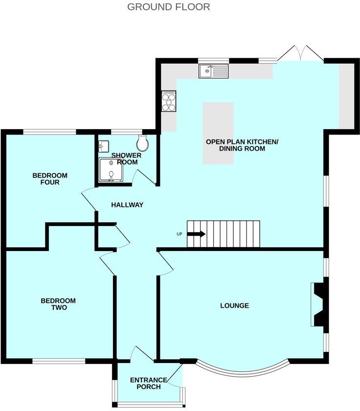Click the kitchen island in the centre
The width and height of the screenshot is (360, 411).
coord(218,133)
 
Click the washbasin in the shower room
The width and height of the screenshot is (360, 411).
coord(103,145)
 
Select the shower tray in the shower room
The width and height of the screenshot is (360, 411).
coord(112,169)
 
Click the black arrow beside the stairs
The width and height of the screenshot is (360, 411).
coord(197,234)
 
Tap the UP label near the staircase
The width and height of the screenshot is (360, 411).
coord(180,234)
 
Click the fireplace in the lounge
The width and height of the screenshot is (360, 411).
coord(318,304)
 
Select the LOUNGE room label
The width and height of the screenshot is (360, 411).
coord(234,306)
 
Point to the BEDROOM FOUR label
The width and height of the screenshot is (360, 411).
coord(50,179)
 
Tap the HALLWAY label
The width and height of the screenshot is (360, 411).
coord(127,205)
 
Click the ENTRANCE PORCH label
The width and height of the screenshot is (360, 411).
coord(148,383)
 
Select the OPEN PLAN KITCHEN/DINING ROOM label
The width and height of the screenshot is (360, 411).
coord(242,145)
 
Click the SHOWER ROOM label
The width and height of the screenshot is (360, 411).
coord(126,159)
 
